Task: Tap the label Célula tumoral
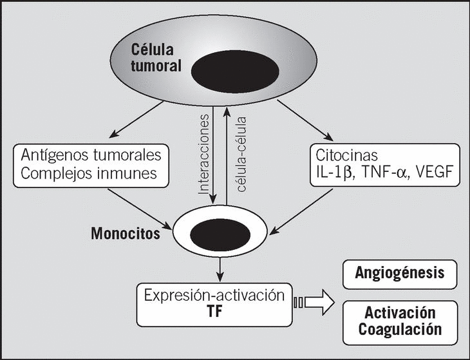(x=158, y=57)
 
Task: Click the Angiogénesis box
(x=399, y=272)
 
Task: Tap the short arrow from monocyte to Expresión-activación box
(x=221, y=268)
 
